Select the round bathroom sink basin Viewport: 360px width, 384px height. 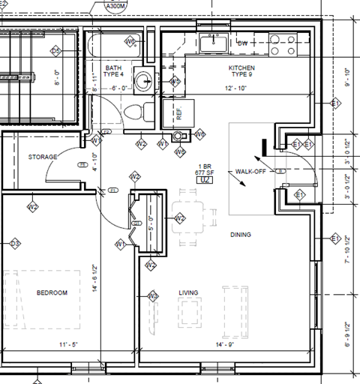(142, 79)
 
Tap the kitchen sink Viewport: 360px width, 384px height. (217, 43)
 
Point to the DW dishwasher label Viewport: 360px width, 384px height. (242, 43)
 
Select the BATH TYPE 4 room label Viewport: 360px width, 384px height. (113, 70)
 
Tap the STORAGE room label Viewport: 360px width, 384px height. (43, 157)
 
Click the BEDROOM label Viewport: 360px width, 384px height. (52, 292)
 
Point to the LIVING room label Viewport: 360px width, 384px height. (188, 292)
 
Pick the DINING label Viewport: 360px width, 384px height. (241, 235)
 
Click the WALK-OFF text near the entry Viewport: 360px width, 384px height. (250, 171)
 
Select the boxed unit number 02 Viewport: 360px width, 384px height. (202, 180)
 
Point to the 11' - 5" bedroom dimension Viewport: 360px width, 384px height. (68, 344)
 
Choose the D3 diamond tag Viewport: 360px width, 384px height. (15, 243)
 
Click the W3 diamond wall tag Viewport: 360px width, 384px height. (152, 296)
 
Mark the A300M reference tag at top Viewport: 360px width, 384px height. (116, 6)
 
